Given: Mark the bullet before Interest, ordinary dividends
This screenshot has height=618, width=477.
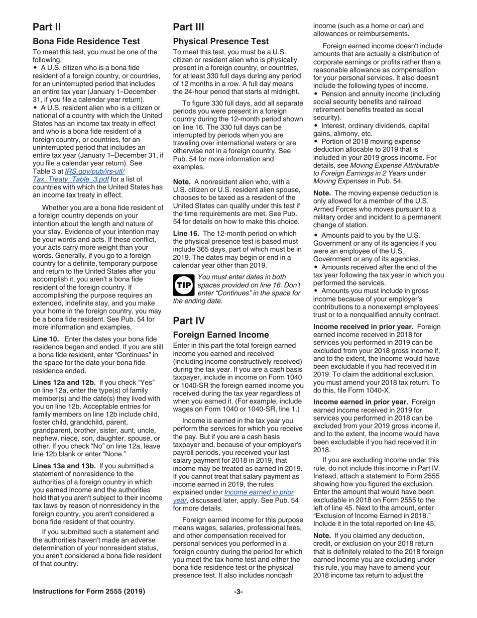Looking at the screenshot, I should click(x=315, y=126).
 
